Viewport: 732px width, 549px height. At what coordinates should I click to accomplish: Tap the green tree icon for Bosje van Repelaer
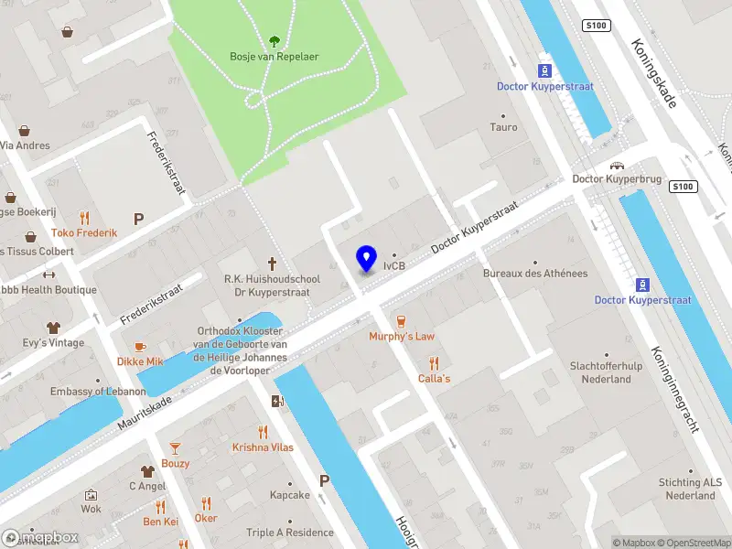pyautogui.click(x=274, y=40)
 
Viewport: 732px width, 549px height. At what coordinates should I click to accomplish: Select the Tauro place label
pyautogui.click(x=503, y=128)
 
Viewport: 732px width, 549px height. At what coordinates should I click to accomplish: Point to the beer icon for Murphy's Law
pyautogui.click(x=401, y=320)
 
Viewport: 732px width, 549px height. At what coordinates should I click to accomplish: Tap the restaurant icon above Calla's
pyautogui.click(x=434, y=362)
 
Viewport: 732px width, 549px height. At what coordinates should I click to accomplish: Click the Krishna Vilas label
pyautogui.click(x=263, y=447)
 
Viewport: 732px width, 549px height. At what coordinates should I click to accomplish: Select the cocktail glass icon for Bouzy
pyautogui.click(x=175, y=447)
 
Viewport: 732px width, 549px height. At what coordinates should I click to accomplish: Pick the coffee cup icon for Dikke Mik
pyautogui.click(x=140, y=346)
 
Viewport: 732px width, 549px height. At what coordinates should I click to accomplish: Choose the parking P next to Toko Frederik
pyautogui.click(x=139, y=219)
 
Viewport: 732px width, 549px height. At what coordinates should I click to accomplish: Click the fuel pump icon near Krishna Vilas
pyautogui.click(x=277, y=401)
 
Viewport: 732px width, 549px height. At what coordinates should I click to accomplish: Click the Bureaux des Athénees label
pyautogui.click(x=535, y=274)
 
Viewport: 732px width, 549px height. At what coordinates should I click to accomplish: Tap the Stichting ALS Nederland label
pyautogui.click(x=690, y=489)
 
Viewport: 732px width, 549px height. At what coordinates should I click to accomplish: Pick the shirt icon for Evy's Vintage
pyautogui.click(x=53, y=327)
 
